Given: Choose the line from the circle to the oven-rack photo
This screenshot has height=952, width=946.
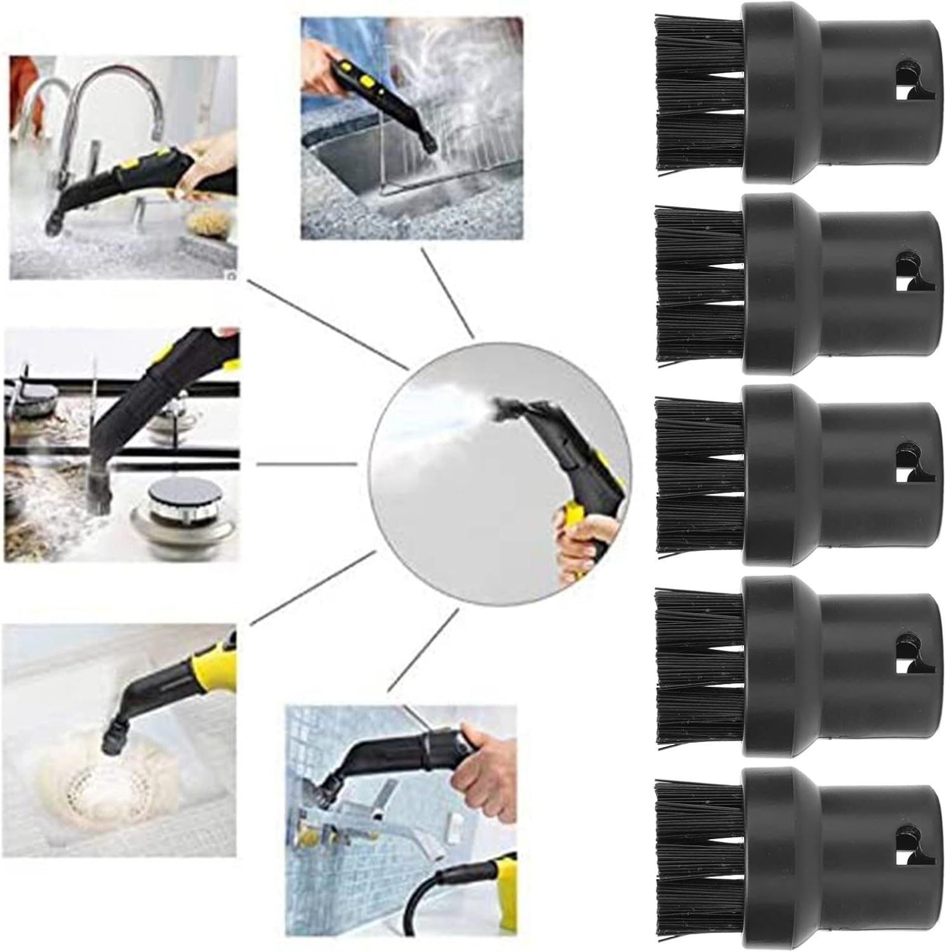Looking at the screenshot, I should click(x=448, y=292).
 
